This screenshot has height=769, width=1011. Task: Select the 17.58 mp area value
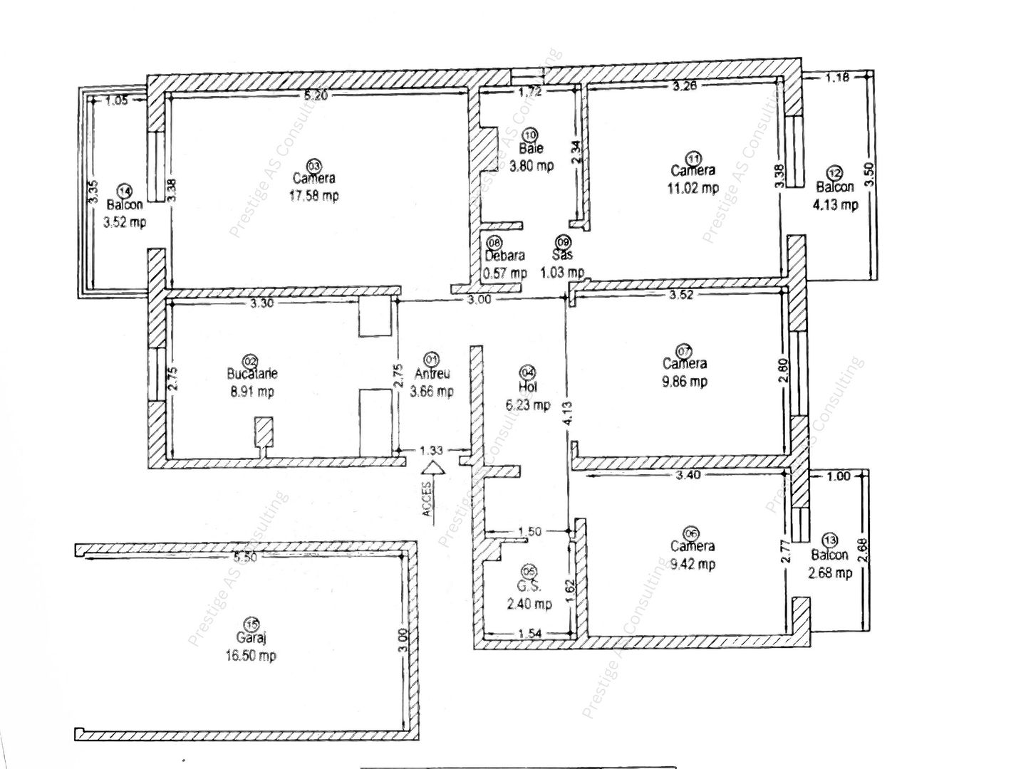click(x=313, y=195)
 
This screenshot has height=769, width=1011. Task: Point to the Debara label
click(x=505, y=256)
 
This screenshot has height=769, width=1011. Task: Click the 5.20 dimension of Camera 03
click(x=315, y=96)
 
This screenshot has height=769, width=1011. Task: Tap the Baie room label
click(x=531, y=149)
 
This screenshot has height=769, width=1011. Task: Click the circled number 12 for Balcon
click(x=835, y=172)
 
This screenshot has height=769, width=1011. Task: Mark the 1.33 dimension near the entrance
click(x=431, y=450)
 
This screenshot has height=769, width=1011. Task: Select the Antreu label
click(x=432, y=374)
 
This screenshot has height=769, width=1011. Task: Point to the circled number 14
click(x=125, y=191)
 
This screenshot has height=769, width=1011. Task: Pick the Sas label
click(x=562, y=254)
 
